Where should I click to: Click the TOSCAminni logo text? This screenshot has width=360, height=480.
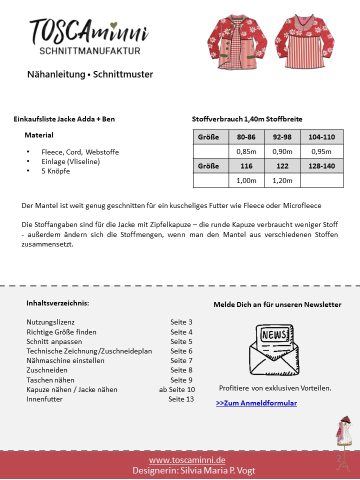click(x=88, y=30)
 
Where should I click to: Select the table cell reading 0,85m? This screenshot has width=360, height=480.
click(x=246, y=151)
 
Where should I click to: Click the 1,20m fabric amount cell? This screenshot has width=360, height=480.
click(x=282, y=180)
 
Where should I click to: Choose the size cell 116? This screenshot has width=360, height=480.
click(x=246, y=166)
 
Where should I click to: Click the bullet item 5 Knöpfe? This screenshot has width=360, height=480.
click(x=55, y=171)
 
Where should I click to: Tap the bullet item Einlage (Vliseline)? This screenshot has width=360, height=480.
click(x=70, y=161)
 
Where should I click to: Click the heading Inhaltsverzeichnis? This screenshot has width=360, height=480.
click(x=57, y=303)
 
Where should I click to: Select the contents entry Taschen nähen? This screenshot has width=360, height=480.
click(x=50, y=380)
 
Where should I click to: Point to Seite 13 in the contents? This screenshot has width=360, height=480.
click(x=181, y=399)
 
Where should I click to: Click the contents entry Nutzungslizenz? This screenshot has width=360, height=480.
click(x=50, y=322)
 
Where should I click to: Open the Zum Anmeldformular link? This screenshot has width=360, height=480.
click(x=256, y=403)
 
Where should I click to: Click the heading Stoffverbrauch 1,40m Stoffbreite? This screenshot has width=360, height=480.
click(x=247, y=119)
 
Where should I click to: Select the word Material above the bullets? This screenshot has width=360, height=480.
click(x=39, y=135)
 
